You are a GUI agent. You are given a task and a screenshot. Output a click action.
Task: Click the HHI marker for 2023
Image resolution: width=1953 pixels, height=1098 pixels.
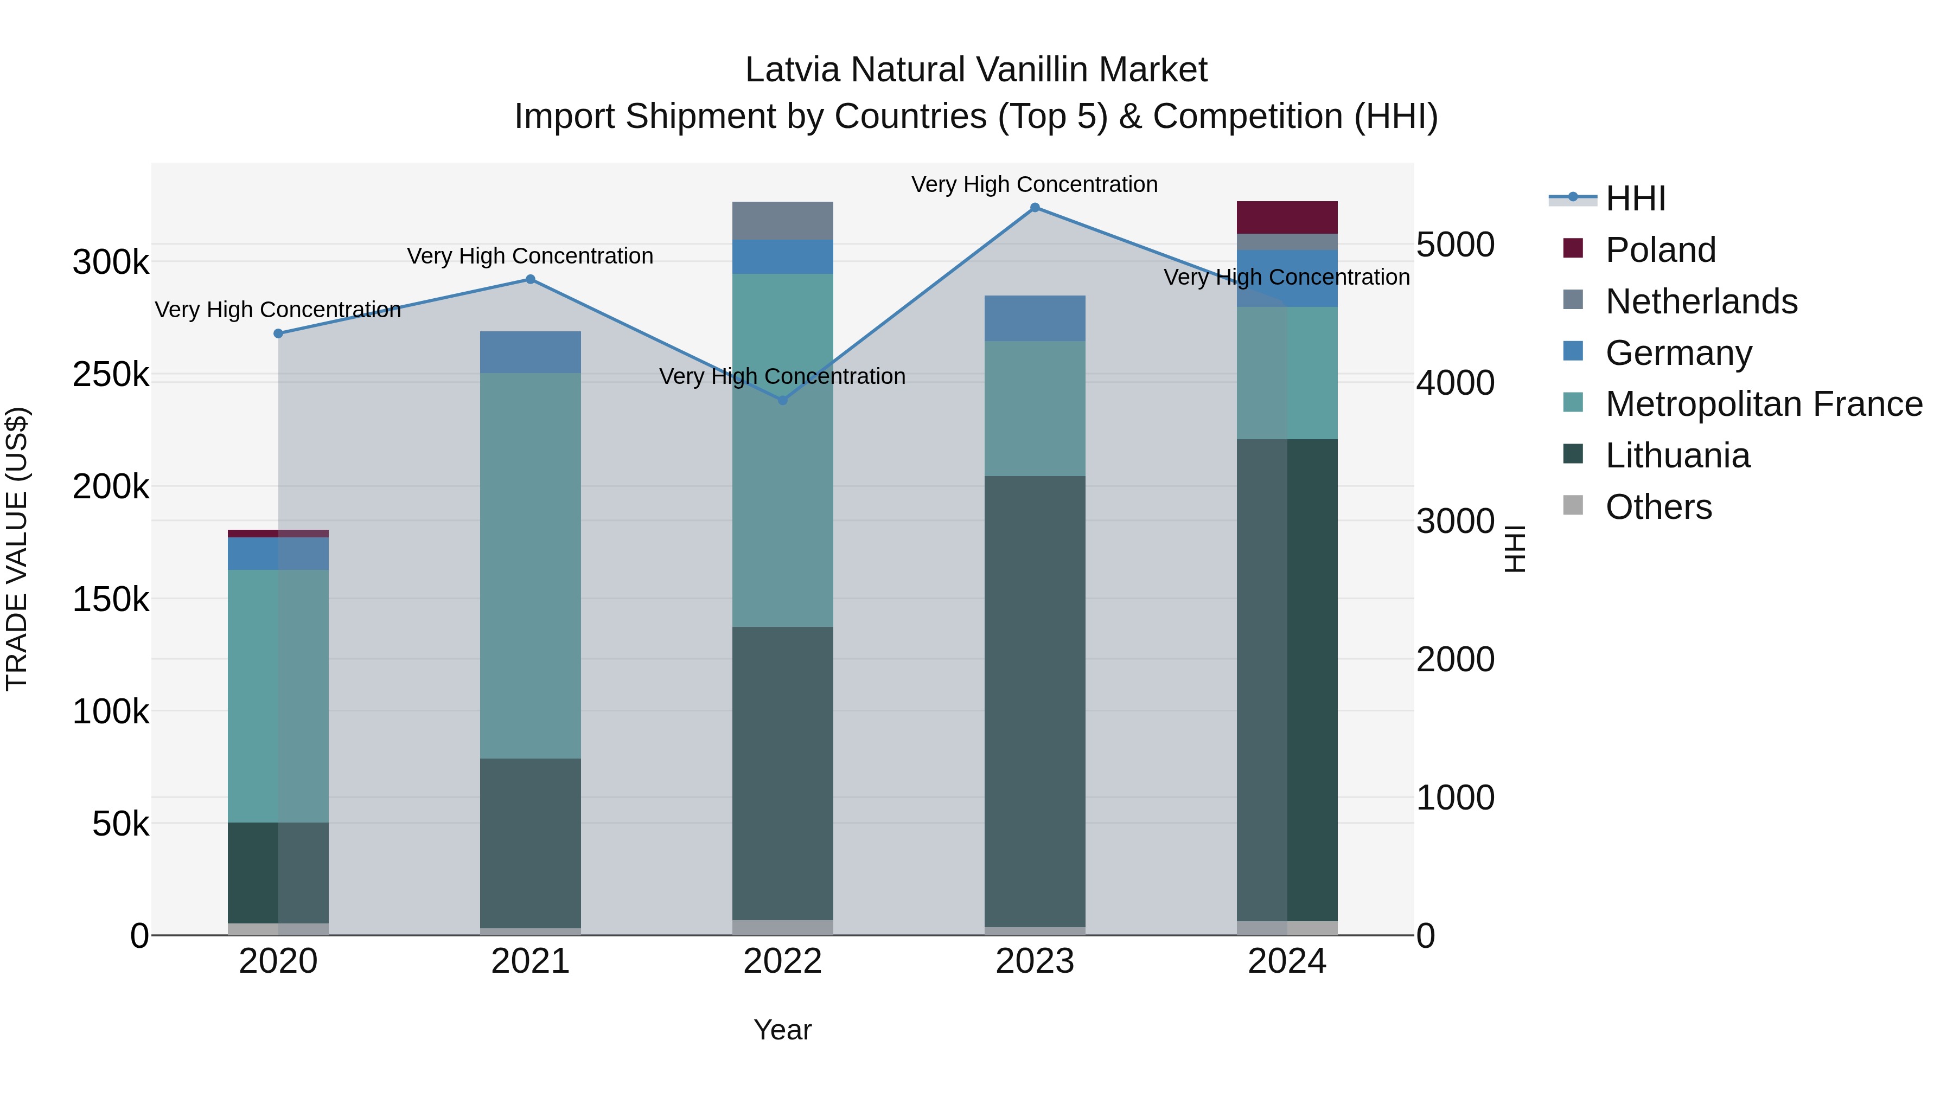point(1035,208)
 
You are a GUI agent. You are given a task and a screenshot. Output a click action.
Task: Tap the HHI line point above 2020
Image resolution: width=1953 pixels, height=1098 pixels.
point(278,333)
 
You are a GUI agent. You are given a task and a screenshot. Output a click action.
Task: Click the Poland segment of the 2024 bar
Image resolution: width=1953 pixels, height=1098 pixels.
point(1287,217)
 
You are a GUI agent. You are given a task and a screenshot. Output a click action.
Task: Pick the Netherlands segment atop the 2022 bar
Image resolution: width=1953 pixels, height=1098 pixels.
point(782,221)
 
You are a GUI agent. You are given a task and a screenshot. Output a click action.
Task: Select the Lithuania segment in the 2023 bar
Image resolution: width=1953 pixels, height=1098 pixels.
point(1035,701)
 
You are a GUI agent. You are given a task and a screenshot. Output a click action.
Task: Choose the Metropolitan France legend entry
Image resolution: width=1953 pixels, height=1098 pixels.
point(1764,404)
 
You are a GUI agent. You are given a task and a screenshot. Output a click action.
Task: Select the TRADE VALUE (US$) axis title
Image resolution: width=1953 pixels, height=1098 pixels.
point(17,549)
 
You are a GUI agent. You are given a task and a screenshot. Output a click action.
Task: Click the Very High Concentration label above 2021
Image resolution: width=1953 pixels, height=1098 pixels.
point(530,256)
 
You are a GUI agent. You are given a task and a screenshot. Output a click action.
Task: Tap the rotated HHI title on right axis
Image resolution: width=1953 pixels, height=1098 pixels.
point(1514,549)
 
